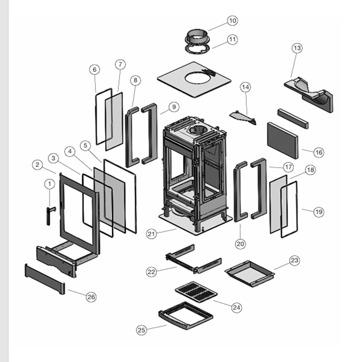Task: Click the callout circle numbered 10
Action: point(232,20)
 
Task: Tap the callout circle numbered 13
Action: point(297,48)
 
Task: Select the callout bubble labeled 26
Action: point(91,297)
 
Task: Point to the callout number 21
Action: point(152,234)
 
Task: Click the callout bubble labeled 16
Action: point(319,152)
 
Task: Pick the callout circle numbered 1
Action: point(50,184)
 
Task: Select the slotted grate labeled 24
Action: point(195,292)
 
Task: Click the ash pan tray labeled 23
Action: point(249,271)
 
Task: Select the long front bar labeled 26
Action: point(45,279)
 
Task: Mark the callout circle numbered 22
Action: point(151,271)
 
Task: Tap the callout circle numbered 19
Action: point(319,212)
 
